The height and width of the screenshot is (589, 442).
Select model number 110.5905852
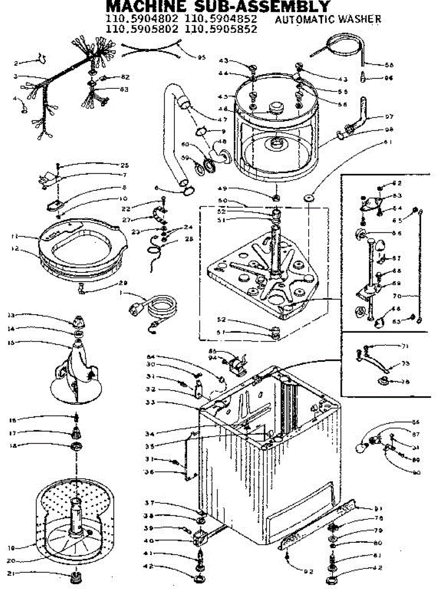click(x=221, y=29)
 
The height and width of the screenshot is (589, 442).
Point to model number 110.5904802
click(x=142, y=20)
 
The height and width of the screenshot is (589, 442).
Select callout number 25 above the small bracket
click(x=124, y=165)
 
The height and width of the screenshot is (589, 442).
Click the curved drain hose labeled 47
click(x=169, y=133)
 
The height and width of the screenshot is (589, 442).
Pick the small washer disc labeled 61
click(x=309, y=197)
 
